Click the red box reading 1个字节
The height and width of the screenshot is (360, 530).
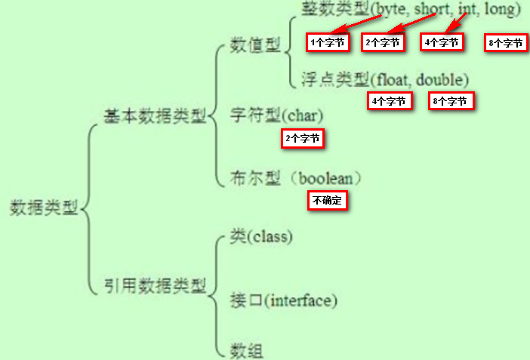(328, 42)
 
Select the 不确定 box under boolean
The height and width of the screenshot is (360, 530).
(327, 201)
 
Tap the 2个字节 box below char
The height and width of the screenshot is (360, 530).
(303, 138)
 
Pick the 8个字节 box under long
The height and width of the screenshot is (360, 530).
(506, 42)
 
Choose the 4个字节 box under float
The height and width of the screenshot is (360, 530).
(390, 101)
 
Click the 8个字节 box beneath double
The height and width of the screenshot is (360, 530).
(451, 101)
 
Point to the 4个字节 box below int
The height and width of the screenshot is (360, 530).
(442, 42)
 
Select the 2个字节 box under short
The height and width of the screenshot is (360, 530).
(383, 42)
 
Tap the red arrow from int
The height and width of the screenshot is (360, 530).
(456, 23)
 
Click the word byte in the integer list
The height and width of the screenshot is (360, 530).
(390, 10)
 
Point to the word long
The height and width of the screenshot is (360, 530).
(500, 10)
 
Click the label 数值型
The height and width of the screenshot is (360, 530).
(255, 45)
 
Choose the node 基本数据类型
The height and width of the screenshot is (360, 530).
(155, 116)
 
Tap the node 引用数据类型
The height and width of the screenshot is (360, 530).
(155, 286)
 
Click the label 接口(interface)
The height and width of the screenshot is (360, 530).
(284, 300)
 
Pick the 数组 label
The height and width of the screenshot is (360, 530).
(246, 350)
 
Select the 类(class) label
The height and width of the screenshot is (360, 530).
(261, 236)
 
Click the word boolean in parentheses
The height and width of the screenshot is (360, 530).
(325, 178)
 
